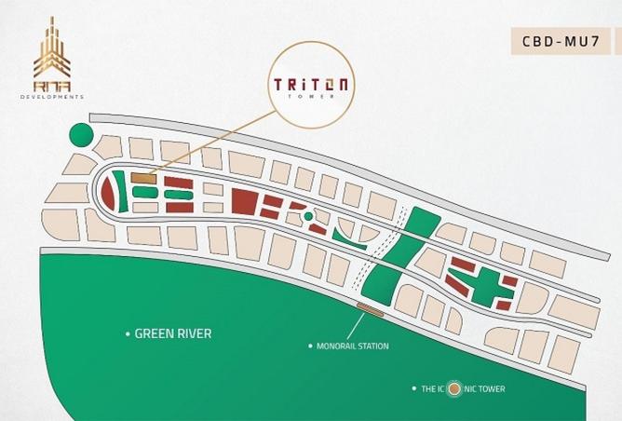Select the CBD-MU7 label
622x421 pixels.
tap(559, 40)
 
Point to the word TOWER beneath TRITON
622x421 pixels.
tap(311, 97)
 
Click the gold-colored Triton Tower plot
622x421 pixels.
tap(142, 177)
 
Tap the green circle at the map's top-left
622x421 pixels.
tap(82, 136)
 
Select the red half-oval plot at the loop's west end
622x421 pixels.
tap(109, 195)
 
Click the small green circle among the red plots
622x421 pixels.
tap(308, 217)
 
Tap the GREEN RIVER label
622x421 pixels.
tap(173, 333)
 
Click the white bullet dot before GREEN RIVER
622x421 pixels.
tap(128, 333)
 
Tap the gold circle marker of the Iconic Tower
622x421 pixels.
tap(453, 388)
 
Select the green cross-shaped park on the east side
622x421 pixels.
tap(478, 277)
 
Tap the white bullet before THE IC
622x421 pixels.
tap(412, 388)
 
